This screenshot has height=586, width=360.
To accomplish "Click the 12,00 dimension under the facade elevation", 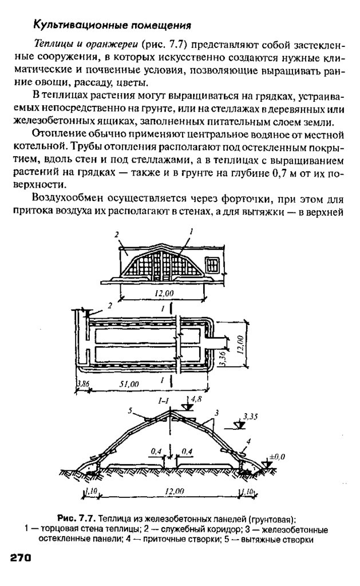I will [163, 293].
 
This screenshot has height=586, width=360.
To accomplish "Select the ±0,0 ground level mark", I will [276, 456].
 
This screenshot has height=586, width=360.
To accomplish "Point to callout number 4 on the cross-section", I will [250, 441].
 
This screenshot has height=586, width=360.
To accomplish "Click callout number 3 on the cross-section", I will [216, 411].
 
